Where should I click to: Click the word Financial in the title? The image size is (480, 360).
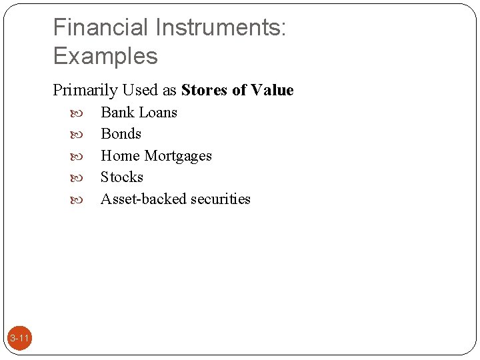point(101,27)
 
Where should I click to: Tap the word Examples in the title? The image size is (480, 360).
point(105,56)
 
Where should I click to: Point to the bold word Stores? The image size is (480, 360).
point(205,90)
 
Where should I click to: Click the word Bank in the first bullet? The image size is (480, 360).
point(117,112)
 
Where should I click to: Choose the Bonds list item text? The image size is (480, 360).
point(121,134)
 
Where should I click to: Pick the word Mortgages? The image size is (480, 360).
point(178,156)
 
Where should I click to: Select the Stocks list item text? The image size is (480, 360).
point(122,177)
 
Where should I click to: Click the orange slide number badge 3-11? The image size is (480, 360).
point(20,339)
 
